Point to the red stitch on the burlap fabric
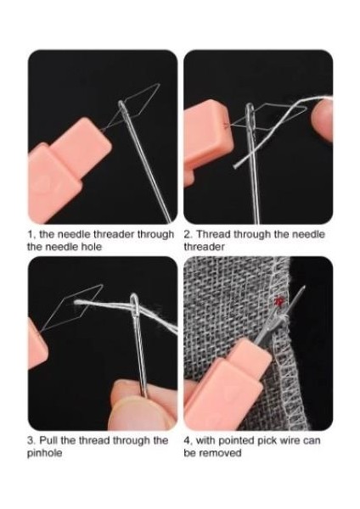(277, 299)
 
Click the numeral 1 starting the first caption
(31, 233)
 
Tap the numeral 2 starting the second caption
(187, 233)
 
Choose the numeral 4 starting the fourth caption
(187, 440)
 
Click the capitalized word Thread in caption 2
(214, 233)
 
